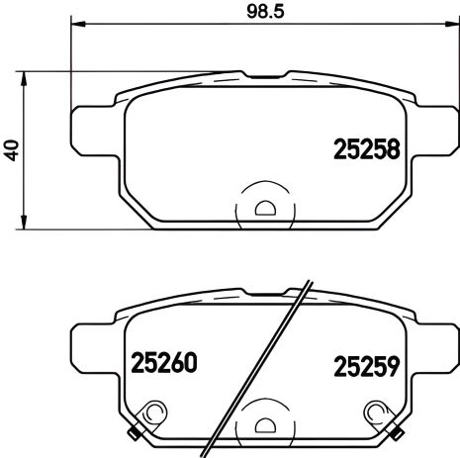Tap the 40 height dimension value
(11, 150)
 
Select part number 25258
(362, 150)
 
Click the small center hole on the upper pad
(264, 208)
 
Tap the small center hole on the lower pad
(264, 424)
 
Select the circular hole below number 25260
(152, 412)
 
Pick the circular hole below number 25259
(375, 412)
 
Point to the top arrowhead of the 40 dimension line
(24, 76)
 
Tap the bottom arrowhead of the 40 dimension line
(24, 222)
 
